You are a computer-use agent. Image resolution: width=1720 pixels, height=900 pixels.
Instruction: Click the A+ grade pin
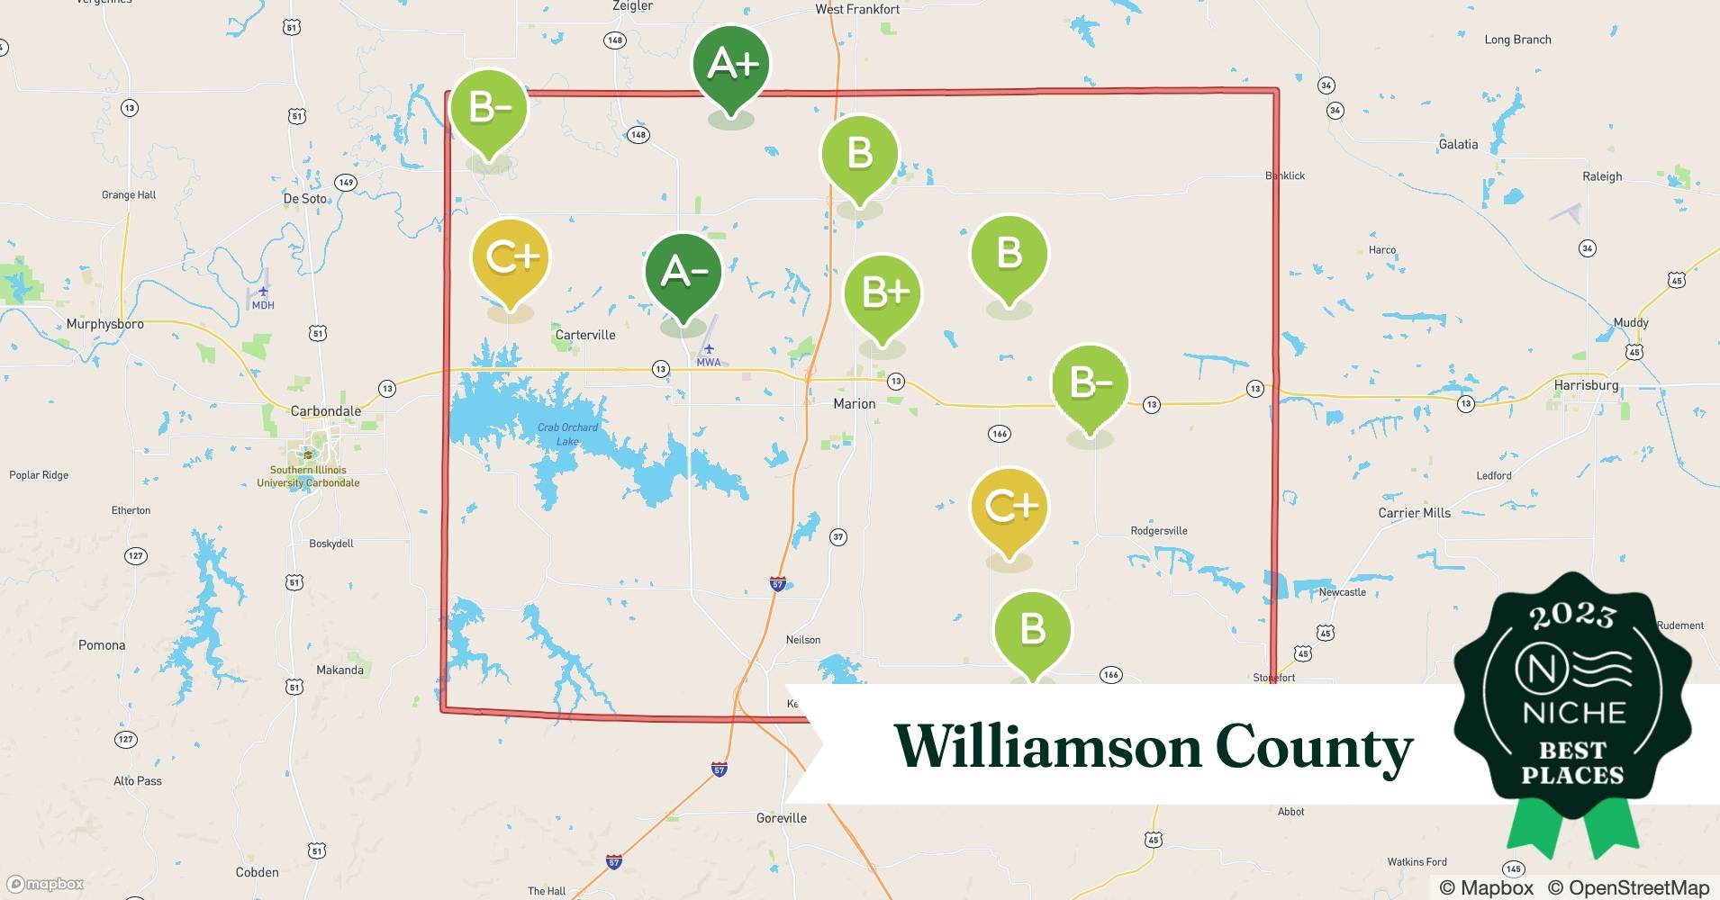point(730,65)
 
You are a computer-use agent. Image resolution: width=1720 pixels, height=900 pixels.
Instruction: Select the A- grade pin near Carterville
point(683,272)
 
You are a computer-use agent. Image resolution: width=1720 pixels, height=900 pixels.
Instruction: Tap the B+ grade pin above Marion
point(882,293)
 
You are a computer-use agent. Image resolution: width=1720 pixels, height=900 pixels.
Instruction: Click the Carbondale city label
point(325,411)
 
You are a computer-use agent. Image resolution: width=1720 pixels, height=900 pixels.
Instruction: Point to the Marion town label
point(854,404)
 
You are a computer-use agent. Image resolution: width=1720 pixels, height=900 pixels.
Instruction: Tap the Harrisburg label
point(1586,385)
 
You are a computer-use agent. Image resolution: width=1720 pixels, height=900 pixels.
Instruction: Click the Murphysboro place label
point(104,324)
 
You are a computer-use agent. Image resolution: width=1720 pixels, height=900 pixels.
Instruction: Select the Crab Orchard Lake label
point(567,434)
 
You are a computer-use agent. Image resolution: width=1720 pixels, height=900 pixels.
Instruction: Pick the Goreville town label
point(781,818)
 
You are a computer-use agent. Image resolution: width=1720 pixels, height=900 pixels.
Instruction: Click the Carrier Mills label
point(1414,513)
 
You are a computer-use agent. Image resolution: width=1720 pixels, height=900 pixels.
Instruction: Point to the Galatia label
point(1458,144)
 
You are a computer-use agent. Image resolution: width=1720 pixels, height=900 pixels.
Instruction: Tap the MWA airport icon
point(709,348)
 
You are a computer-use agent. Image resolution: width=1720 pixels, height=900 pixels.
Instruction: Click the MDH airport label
point(263,305)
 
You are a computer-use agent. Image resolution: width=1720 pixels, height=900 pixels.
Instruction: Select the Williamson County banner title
point(1153,747)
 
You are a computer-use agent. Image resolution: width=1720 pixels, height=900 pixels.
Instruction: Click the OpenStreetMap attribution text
point(1638,887)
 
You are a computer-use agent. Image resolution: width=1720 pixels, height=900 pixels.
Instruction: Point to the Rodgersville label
point(1158,531)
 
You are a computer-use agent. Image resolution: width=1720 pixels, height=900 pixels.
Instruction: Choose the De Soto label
point(305,199)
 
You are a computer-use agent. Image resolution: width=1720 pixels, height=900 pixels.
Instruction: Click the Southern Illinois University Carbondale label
point(308,476)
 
